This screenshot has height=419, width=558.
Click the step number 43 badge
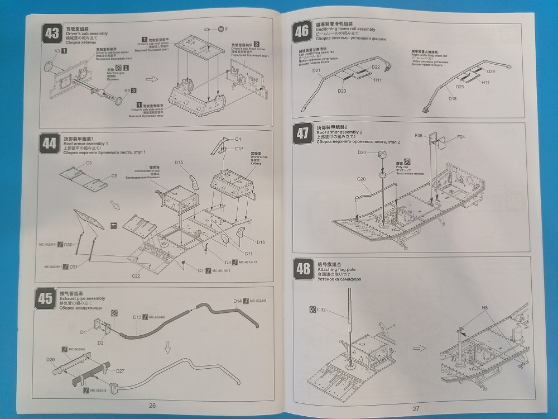[x=52, y=34]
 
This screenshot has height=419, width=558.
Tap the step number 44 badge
[x=50, y=144]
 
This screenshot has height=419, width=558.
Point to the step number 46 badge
[x=302, y=31]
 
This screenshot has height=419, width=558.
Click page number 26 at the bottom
[x=152, y=406]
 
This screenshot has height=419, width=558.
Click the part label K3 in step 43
[x=57, y=51]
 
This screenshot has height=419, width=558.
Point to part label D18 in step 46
[x=452, y=99]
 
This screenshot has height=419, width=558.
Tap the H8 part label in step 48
[x=484, y=308]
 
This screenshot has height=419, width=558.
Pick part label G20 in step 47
[x=361, y=179]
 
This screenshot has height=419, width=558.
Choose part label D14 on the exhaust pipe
[x=237, y=301]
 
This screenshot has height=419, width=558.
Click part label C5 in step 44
[x=89, y=163]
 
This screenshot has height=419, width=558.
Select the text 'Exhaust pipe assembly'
[x=81, y=298]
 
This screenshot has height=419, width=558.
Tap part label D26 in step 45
[x=51, y=359]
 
